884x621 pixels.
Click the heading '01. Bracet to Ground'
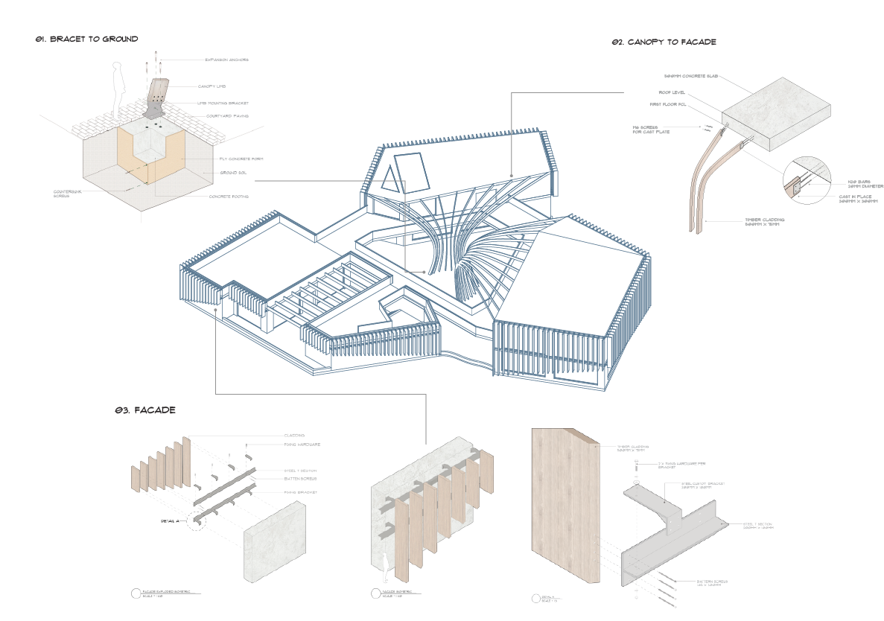(86, 39)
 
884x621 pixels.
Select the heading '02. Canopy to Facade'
(664, 42)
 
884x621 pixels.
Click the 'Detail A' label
(172, 521)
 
